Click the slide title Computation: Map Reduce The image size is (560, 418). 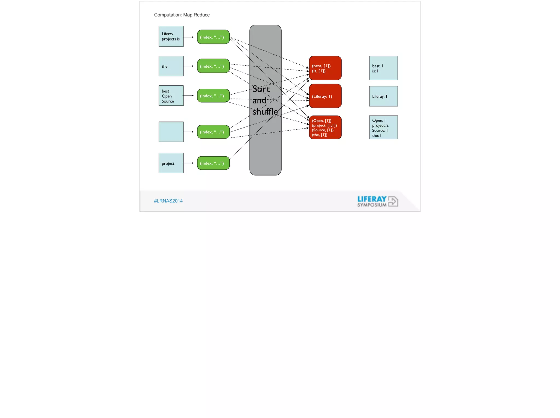(182, 15)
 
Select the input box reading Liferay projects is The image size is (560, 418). (171, 36)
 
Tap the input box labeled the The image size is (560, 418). (171, 66)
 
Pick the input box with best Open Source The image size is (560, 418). (171, 96)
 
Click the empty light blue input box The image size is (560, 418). (171, 132)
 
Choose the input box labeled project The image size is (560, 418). (171, 163)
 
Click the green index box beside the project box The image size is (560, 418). (213, 163)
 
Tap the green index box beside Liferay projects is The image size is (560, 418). (213, 37)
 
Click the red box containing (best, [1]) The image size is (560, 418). (325, 68)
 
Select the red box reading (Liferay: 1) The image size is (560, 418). (325, 96)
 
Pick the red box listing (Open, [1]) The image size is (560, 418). (325, 128)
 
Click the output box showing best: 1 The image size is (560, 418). (383, 68)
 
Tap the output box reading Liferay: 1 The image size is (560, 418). (383, 96)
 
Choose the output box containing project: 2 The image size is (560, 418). (383, 128)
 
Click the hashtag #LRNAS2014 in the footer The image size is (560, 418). (168, 201)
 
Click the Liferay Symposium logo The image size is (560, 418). (377, 201)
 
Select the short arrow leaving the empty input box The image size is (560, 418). (188, 132)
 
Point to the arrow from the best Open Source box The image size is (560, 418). (188, 96)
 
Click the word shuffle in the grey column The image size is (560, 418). (265, 112)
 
